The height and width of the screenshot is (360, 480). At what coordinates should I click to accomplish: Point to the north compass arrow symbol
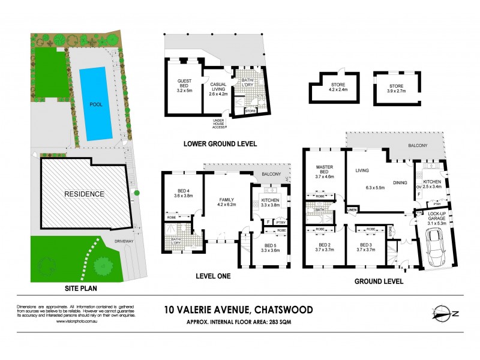click(x=445, y=313)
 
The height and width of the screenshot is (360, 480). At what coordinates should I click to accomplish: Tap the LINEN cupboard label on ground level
click(x=352, y=209)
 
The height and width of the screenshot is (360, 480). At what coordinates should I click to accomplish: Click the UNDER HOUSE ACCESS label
click(x=218, y=124)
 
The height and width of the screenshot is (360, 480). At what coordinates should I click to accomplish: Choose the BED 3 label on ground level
click(x=367, y=247)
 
